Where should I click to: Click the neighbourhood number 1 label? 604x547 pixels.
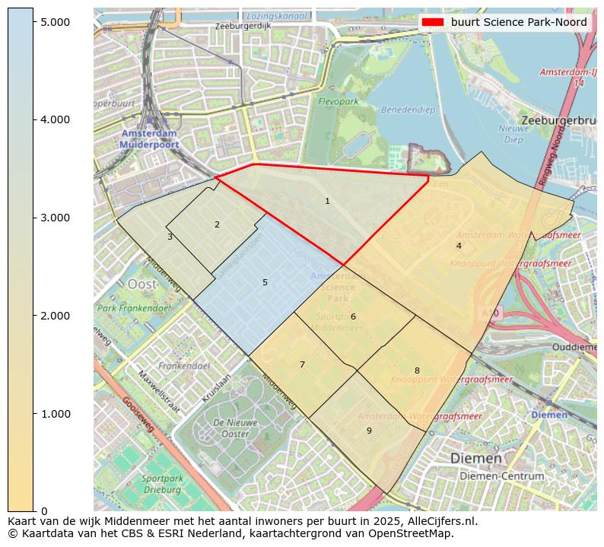click(x=327, y=202)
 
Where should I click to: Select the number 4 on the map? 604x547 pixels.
click(x=459, y=246)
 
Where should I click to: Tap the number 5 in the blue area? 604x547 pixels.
click(x=265, y=283)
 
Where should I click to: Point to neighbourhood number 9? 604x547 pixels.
click(x=369, y=431)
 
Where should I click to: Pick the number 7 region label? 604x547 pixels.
click(x=302, y=365)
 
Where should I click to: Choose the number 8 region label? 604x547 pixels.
click(x=417, y=371)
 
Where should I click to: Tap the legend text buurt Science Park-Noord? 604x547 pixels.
click(x=519, y=22)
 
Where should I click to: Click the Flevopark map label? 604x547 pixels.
click(x=338, y=101)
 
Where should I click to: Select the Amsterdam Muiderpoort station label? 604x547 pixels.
click(x=149, y=138)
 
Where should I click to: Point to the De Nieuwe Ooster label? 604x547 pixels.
click(x=220, y=428)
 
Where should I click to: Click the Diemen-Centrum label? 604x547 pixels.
click(x=501, y=475)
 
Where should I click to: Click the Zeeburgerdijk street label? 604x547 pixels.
click(x=243, y=26)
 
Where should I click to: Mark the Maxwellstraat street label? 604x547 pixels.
click(x=160, y=392)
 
